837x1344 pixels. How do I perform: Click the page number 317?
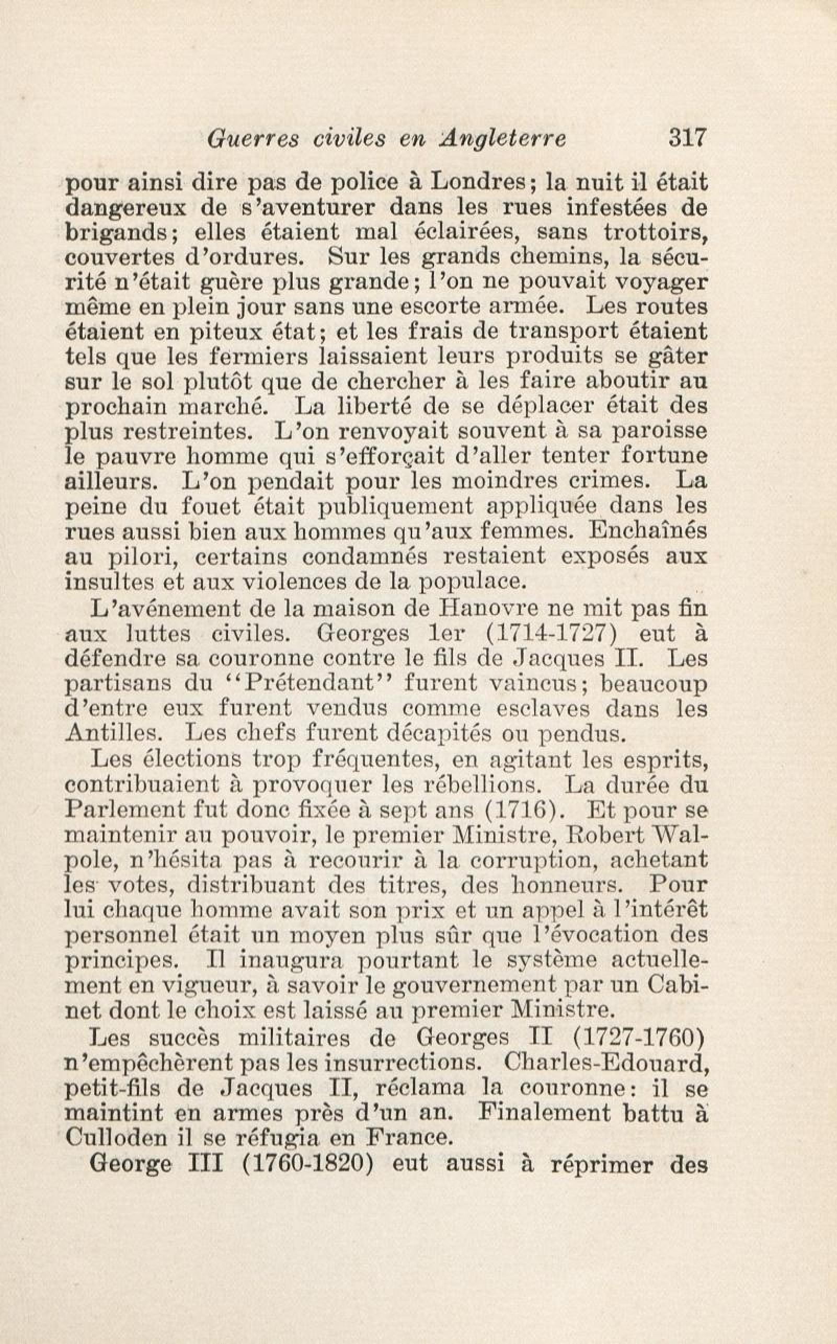coord(688,139)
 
